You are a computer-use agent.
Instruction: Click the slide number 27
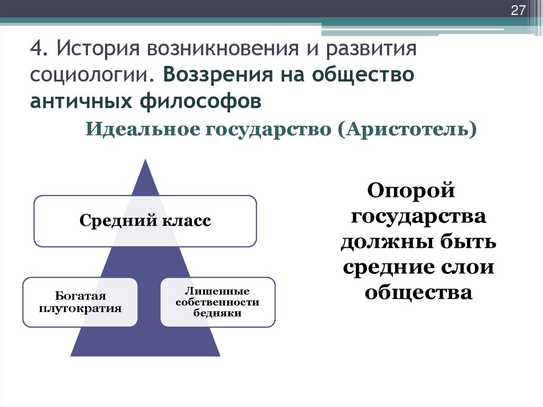[517, 11]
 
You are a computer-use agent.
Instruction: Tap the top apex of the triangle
[145, 160]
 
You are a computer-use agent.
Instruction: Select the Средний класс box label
[145, 220]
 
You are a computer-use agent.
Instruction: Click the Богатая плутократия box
[80, 301]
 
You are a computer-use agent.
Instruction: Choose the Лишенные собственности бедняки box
[217, 301]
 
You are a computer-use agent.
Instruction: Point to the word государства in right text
[418, 216]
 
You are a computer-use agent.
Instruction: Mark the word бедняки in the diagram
[217, 313]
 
